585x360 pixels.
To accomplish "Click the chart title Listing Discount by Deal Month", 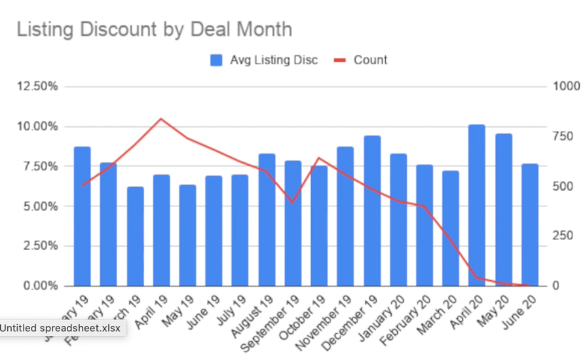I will pos(154,29).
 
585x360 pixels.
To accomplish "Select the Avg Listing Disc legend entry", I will pos(264,60).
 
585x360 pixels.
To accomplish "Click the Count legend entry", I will pos(362,60).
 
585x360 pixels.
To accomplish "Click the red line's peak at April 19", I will pos(161,119).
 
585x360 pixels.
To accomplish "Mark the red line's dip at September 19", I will pos(293,202).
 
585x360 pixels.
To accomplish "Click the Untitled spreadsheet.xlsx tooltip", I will pos(60,329).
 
